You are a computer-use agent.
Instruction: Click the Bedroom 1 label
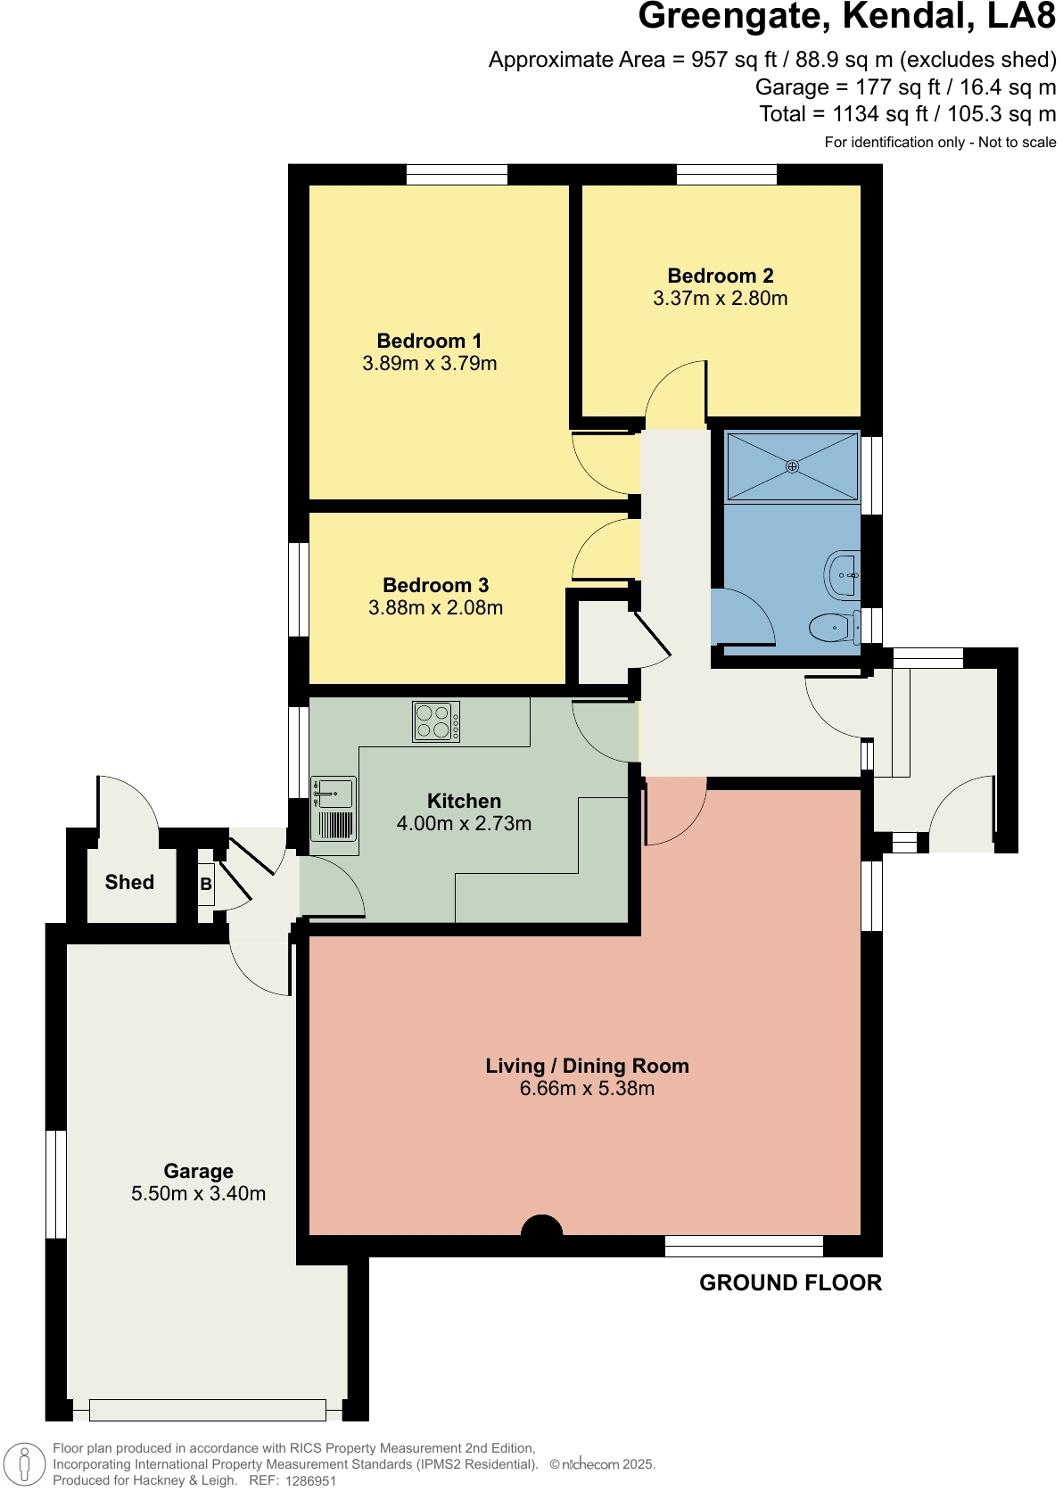[x=429, y=341]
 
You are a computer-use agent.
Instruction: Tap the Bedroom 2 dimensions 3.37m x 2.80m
[x=720, y=299]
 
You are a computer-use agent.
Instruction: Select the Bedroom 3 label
[x=435, y=585]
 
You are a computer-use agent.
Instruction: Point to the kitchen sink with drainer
[x=334, y=809]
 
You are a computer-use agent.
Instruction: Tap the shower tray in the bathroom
[x=792, y=466]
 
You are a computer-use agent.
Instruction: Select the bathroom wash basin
[x=842, y=575]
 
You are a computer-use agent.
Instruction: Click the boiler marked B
[x=206, y=885]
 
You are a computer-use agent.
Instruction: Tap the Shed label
[x=129, y=882]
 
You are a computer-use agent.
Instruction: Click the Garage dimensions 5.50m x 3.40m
[x=198, y=1194]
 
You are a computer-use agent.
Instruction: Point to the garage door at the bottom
[x=207, y=1410]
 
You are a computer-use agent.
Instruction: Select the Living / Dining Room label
[x=587, y=1066]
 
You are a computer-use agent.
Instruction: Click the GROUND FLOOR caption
[x=790, y=1282]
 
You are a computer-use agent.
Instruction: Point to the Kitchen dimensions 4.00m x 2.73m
[x=464, y=824]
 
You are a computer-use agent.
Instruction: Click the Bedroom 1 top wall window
[x=457, y=174]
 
